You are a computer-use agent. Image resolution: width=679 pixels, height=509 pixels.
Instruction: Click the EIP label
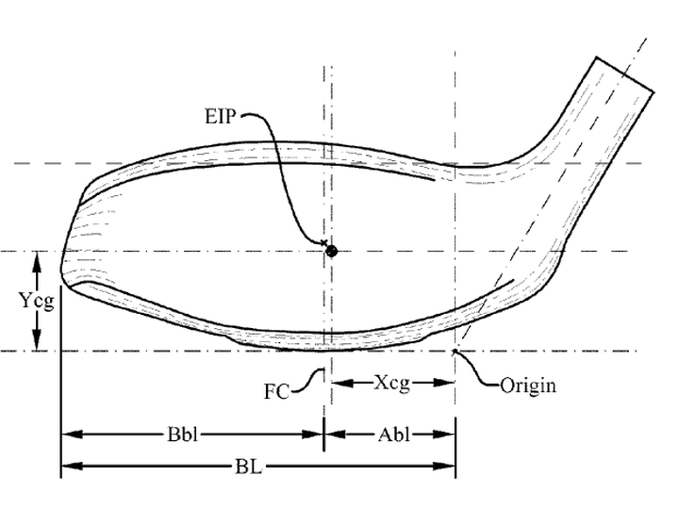coord(221,117)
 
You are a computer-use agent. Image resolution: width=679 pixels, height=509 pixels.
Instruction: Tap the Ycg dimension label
coord(37,301)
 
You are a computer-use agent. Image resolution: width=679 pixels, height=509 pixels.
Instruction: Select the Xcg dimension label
coord(392,383)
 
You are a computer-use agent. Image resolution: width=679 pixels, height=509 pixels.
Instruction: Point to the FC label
coord(276,392)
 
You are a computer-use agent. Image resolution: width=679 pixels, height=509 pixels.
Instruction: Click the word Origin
coord(528,386)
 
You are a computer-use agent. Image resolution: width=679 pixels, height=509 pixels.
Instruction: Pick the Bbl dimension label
coord(183,435)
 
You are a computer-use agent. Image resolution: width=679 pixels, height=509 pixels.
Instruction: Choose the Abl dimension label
coord(393,435)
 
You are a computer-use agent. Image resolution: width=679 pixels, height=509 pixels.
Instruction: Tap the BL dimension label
coord(249,467)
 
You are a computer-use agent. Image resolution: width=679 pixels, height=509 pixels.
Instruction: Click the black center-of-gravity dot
coord(331,251)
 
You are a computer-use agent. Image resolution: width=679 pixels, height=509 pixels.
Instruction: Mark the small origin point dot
coord(455,351)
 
